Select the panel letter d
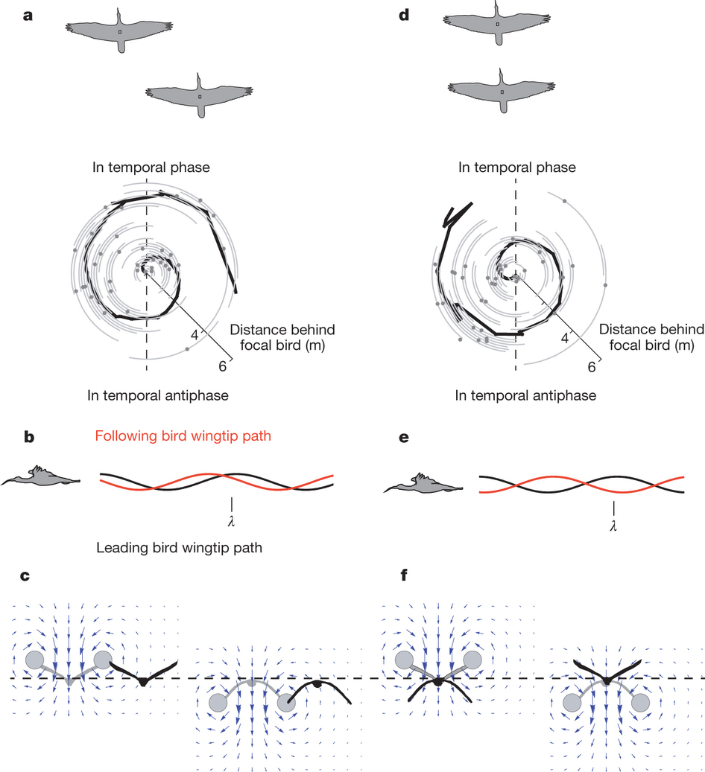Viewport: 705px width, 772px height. pyautogui.click(x=405, y=15)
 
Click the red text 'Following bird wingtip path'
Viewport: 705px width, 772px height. pyautogui.click(x=183, y=436)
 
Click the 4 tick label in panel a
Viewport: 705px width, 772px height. pyautogui.click(x=195, y=335)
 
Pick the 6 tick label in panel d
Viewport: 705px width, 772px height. pyautogui.click(x=592, y=366)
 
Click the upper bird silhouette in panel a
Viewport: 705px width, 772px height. pyautogui.click(x=119, y=31)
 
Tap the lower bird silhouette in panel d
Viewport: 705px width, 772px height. pyautogui.click(x=501, y=90)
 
